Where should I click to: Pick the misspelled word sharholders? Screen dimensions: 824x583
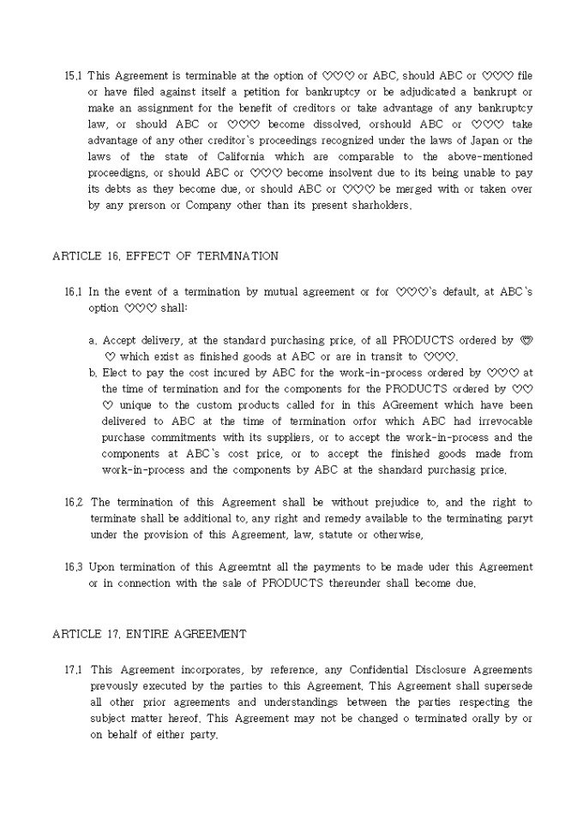click(x=376, y=206)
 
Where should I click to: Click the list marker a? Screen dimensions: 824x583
click(x=93, y=341)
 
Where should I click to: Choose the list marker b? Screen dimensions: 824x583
click(x=93, y=373)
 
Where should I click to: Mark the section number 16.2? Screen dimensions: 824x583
click(x=74, y=503)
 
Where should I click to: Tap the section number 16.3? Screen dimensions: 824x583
click(x=74, y=568)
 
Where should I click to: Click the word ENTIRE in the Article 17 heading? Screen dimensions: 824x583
click(x=148, y=634)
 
